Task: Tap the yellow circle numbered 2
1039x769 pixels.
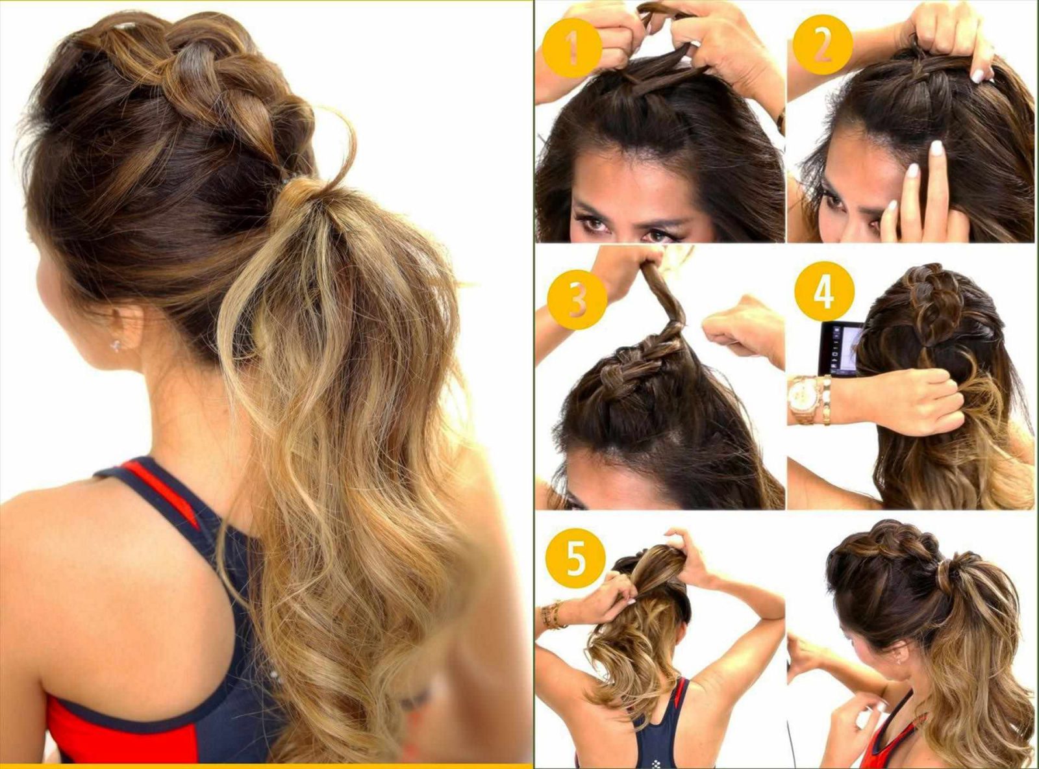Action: tap(823, 45)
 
